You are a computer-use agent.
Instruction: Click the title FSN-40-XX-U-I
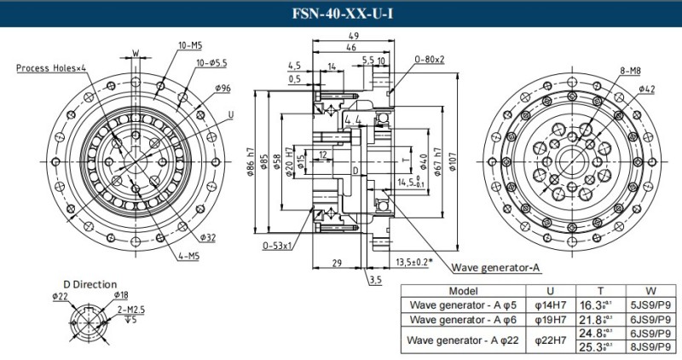341,14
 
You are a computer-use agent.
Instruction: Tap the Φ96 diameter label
223,87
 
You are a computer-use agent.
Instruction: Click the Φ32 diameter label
207,236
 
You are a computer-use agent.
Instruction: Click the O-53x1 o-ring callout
278,245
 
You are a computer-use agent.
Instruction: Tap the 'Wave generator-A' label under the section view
495,267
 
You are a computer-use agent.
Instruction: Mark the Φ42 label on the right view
645,89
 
